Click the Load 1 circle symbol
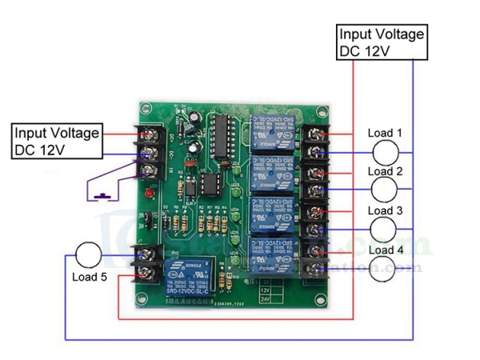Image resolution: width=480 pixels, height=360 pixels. pos(388,152)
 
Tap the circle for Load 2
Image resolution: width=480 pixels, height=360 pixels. pos(388,190)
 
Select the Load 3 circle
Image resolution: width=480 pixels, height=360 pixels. pos(388,229)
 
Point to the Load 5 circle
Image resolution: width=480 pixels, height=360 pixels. pos(88,256)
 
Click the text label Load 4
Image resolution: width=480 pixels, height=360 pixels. pos(386,250)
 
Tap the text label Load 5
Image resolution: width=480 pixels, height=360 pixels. pos(90,278)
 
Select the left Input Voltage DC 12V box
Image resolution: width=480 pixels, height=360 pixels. pos(57,141)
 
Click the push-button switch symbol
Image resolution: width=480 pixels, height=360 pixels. pos(102,194)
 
